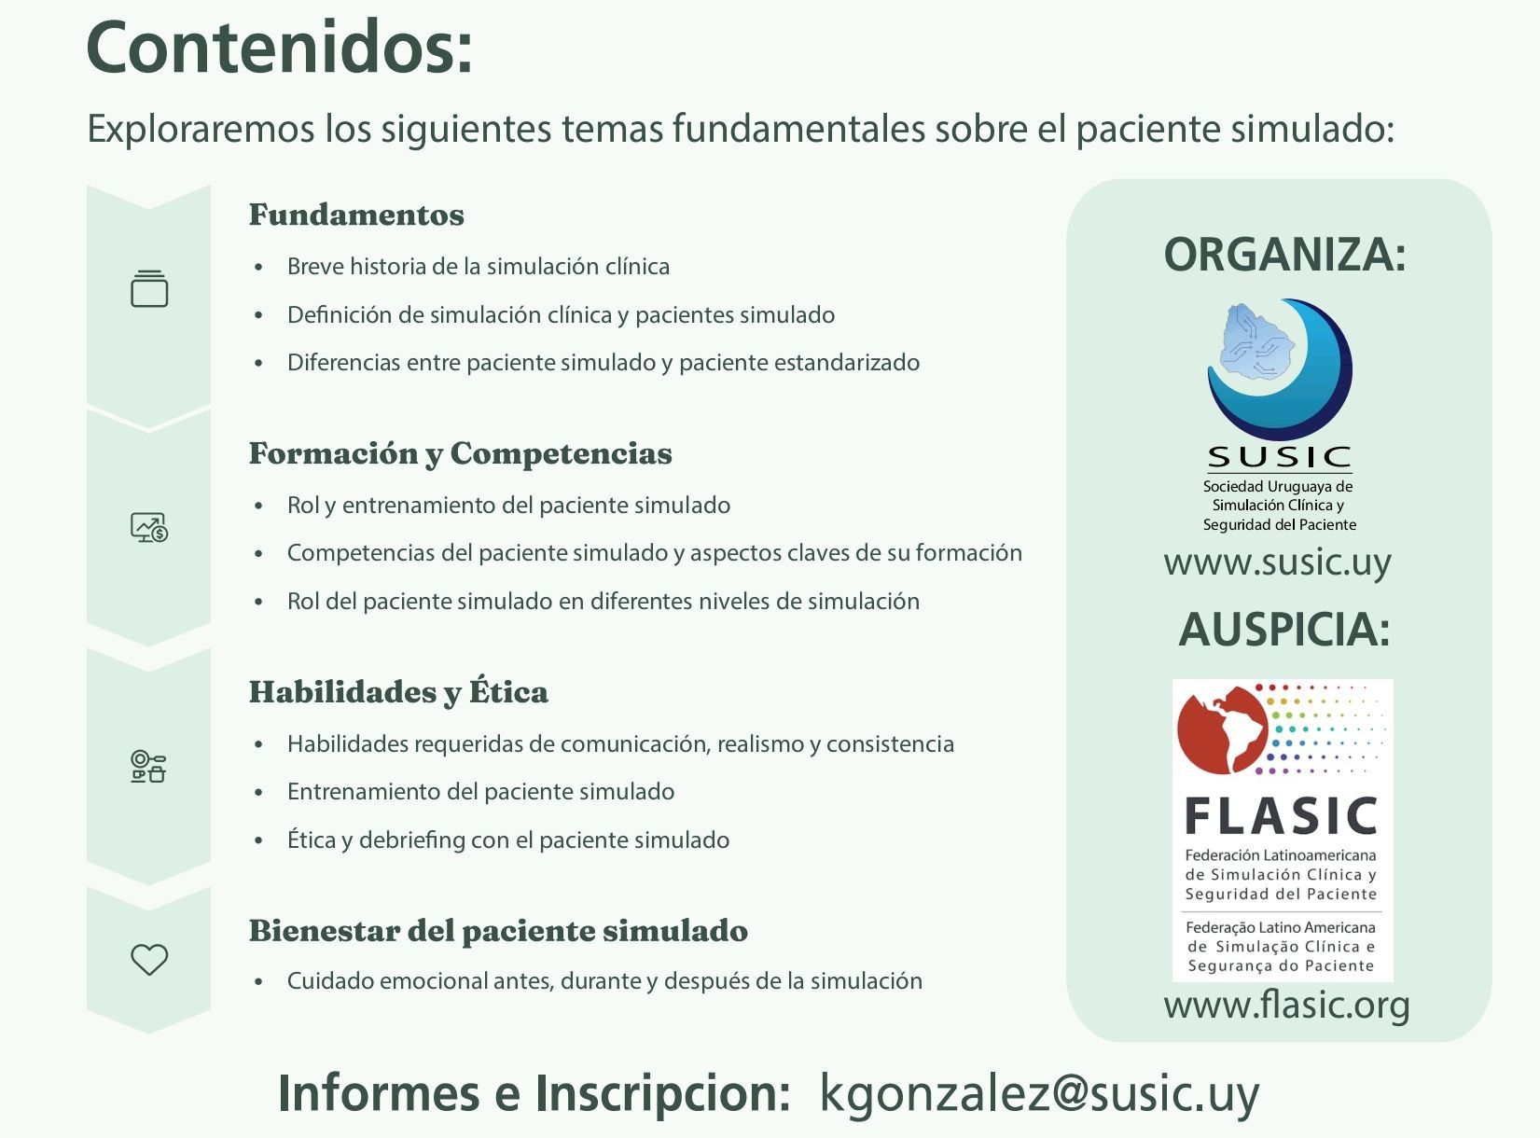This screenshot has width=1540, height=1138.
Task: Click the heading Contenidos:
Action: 279,48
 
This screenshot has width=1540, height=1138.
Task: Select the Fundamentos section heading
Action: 356,215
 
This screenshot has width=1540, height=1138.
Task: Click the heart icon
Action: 149,960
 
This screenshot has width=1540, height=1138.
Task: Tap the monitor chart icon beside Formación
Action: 149,528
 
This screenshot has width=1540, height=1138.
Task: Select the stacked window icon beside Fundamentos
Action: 149,288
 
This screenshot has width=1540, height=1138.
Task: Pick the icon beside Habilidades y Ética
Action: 148,767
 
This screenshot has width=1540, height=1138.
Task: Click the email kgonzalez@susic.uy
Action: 1039,1094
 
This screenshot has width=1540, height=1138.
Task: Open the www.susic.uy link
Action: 1278,562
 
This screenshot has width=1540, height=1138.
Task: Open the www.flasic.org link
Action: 1286,1006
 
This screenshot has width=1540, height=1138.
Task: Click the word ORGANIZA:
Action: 1284,255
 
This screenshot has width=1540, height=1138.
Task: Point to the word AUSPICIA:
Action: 1284,631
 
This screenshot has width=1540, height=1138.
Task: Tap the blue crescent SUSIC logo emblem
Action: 1280,369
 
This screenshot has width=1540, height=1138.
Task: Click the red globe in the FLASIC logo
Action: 1222,730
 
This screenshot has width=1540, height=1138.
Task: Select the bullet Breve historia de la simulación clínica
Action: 479,267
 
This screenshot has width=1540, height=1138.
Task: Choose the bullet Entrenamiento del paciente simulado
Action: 480,792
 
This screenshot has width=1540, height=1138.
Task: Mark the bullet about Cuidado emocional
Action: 604,981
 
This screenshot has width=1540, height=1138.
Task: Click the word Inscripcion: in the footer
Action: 662,1094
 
